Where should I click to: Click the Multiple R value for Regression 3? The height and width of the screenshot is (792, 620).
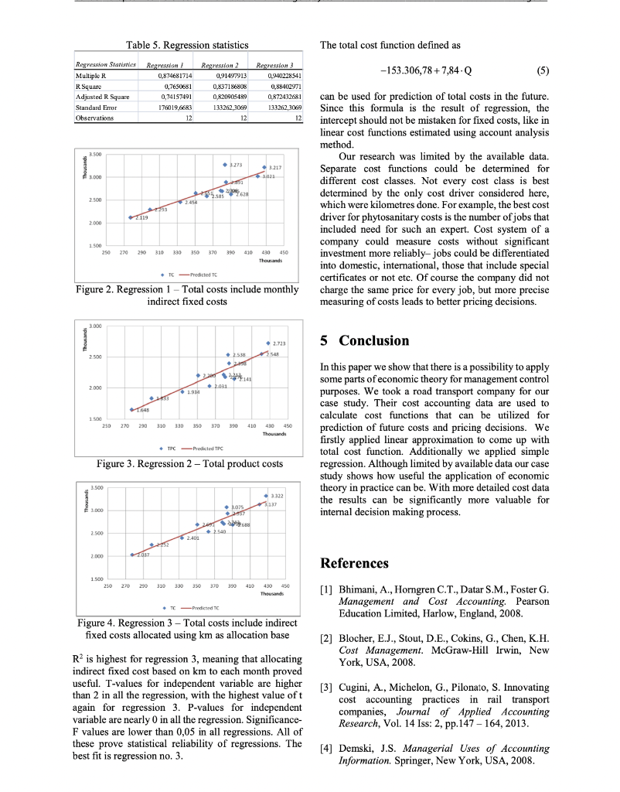279,76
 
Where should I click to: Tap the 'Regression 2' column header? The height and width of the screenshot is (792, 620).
219,66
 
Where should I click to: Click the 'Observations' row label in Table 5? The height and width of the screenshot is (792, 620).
94,118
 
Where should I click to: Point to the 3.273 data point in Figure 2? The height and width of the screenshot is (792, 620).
224,165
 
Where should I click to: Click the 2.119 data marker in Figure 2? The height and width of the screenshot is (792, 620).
130,217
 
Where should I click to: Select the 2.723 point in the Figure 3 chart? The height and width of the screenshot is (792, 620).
268,343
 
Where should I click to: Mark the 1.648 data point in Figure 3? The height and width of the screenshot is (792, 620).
131,409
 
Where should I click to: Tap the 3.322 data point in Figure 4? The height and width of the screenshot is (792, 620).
266,495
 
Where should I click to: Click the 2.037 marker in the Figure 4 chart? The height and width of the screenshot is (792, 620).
132,555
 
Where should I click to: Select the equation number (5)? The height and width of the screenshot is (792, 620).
542,70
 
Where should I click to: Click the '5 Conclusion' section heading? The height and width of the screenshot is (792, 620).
364,340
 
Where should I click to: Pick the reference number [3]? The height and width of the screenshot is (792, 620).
326,687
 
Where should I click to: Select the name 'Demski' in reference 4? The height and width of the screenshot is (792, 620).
357,748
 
